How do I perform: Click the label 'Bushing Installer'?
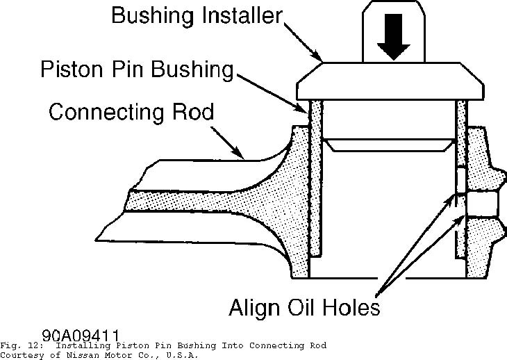click(x=197, y=16)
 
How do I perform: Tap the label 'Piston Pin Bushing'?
click(x=135, y=69)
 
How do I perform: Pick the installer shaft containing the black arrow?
click(x=392, y=31)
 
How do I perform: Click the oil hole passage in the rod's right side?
click(x=481, y=204)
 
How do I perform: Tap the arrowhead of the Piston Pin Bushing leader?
click(x=304, y=110)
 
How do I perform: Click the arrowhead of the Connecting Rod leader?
click(x=241, y=154)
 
